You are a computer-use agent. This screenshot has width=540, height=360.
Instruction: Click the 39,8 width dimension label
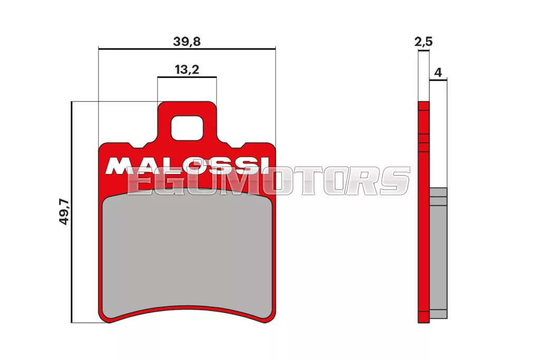187,41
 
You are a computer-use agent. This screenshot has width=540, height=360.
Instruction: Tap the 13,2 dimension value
187,70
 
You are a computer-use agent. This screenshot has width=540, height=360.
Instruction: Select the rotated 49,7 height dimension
64,212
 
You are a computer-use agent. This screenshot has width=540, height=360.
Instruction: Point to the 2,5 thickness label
423,42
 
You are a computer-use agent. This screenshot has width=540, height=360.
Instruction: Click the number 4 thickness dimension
438,73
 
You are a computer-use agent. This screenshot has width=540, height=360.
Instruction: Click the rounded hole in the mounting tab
187,128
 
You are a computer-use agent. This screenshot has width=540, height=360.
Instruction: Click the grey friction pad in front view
187,255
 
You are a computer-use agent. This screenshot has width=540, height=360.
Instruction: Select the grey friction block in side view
438,253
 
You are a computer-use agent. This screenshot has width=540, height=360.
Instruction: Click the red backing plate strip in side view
423,212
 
